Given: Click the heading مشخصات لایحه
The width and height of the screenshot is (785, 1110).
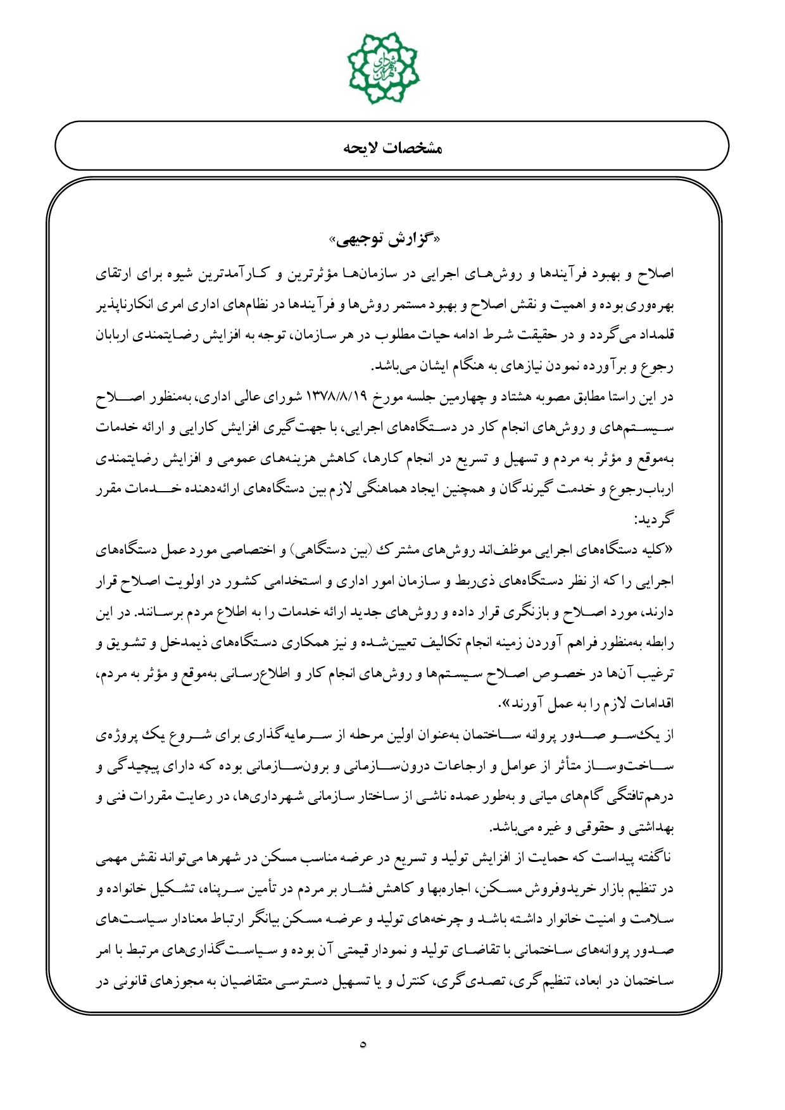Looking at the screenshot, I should click(x=392, y=148).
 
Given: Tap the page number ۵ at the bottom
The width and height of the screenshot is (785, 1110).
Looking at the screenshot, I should click(x=363, y=1044).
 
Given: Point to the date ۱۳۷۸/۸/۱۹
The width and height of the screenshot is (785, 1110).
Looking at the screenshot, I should click(x=336, y=397).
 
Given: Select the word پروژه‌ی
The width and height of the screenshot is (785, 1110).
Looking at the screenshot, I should click(x=114, y=735).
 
